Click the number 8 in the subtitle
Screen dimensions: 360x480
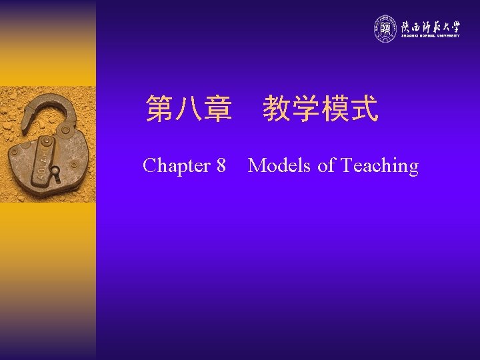click(221, 165)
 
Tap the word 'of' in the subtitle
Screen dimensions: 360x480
click(326, 165)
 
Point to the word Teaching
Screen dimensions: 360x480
click(379, 165)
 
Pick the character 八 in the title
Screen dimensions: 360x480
click(189, 109)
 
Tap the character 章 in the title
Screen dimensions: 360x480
click(218, 109)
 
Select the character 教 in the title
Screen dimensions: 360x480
click(277, 109)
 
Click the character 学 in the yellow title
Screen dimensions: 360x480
click(305, 109)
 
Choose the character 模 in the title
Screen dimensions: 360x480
click(335, 109)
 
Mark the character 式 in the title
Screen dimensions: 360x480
click(364, 109)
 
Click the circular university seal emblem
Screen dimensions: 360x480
click(385, 28)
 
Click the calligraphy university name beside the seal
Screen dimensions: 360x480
click(430, 26)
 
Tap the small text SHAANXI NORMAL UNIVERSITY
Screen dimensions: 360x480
click(430, 36)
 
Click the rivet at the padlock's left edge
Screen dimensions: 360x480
click(15, 153)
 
